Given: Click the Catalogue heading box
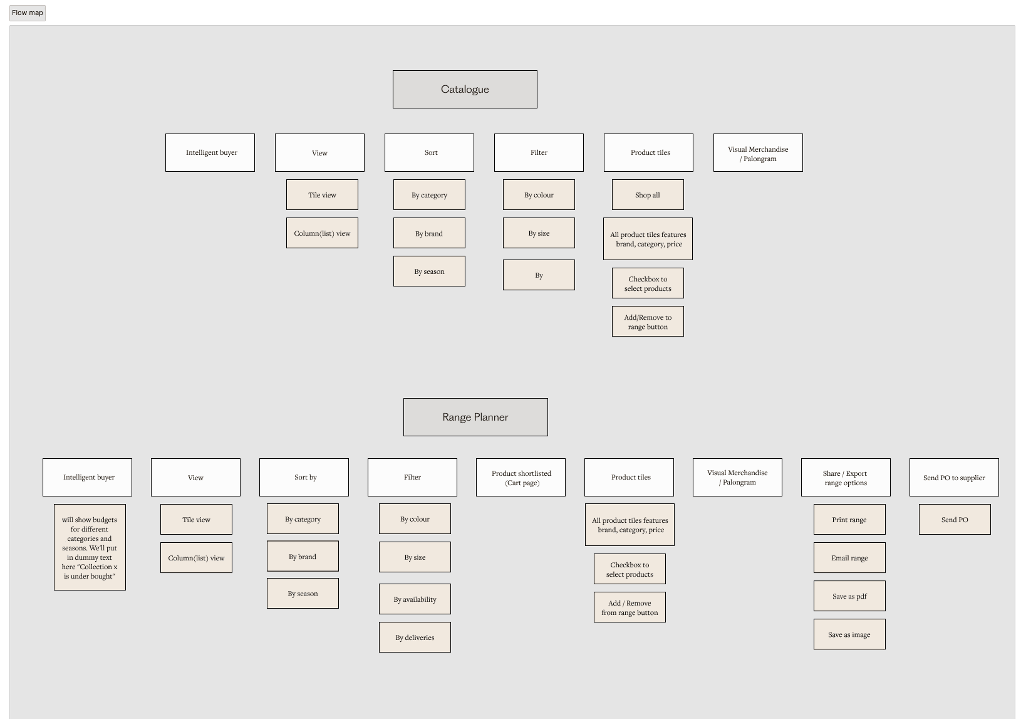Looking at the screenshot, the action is pyautogui.click(x=465, y=89).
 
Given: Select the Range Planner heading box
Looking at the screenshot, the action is pyautogui.click(x=475, y=417).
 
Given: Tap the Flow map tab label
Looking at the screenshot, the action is pyautogui.click(x=28, y=13).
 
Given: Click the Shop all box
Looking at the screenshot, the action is pyautogui.click(x=648, y=195).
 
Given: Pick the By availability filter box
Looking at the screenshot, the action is pyautogui.click(x=415, y=599).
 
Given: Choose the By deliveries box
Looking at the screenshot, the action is pyautogui.click(x=415, y=638).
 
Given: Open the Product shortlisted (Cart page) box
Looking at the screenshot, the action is pyautogui.click(x=521, y=478).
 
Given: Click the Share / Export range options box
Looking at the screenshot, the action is pyautogui.click(x=846, y=478).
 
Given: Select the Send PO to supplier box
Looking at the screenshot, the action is pyautogui.click(x=954, y=478).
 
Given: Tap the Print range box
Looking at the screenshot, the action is pyautogui.click(x=849, y=520).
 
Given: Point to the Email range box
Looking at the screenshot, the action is pyautogui.click(x=849, y=558).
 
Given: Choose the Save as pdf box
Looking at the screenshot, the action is pyautogui.click(x=849, y=596).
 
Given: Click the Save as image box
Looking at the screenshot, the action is pyautogui.click(x=849, y=634).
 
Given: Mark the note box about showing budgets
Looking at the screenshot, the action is pyautogui.click(x=90, y=547).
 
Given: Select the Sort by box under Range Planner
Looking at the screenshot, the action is pyautogui.click(x=304, y=478).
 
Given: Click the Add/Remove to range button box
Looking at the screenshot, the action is pyautogui.click(x=648, y=322).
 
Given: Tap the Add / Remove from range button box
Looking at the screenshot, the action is pyautogui.click(x=630, y=607).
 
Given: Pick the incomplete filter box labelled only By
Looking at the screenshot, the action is pyautogui.click(x=539, y=275).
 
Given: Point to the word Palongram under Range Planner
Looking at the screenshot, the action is pyautogui.click(x=740, y=483).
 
